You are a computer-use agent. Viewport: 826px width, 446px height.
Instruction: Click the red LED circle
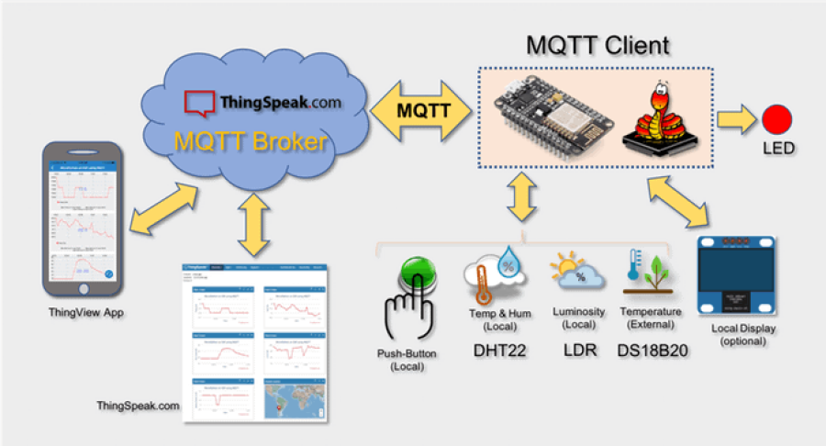[x=775, y=119]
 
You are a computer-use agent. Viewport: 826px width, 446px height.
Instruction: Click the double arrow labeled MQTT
[x=421, y=110]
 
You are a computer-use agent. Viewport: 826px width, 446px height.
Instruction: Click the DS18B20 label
[x=653, y=350]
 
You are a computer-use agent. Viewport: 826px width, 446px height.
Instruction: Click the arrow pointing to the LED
[x=732, y=119]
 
